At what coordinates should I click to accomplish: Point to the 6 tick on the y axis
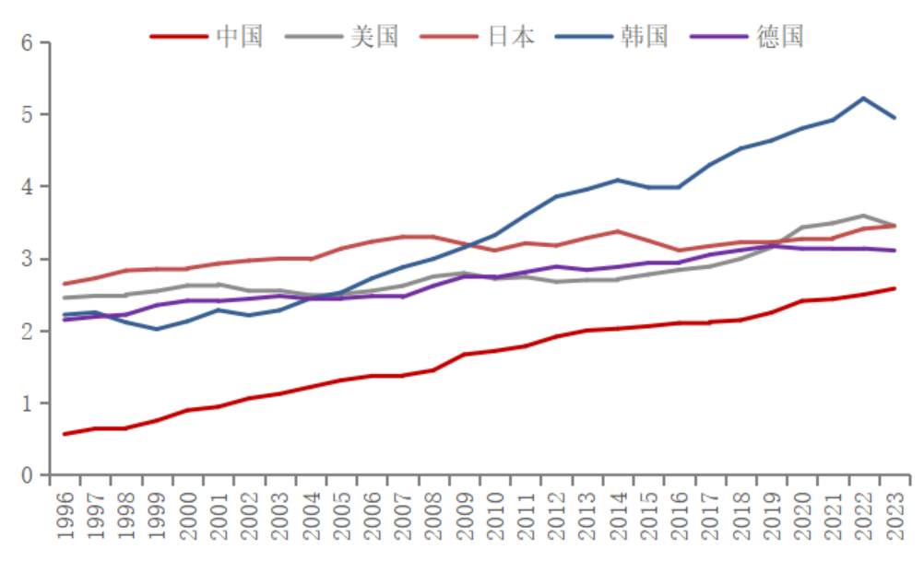point(27,43)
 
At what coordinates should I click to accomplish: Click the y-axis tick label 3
point(27,259)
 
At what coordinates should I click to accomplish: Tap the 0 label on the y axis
point(27,475)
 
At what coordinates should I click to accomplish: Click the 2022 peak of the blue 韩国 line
point(863,98)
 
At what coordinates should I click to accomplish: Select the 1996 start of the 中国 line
point(65,434)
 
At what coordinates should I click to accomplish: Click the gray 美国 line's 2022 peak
point(863,216)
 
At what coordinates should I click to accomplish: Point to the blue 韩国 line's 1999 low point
point(157,329)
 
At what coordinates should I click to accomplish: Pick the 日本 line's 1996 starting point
point(65,284)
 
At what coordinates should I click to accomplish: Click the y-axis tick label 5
point(27,115)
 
